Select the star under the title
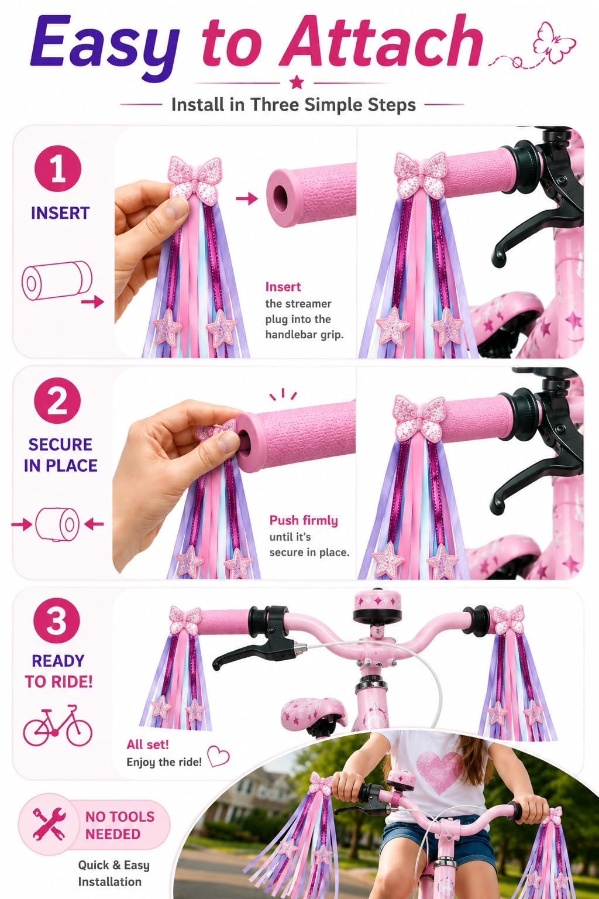[297, 82]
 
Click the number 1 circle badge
[58, 169]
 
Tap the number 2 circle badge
[57, 401]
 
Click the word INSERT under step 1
[60, 213]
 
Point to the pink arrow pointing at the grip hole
[246, 198]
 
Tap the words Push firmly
[304, 520]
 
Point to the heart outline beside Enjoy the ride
[218, 756]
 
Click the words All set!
[147, 744]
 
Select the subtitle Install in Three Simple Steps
[293, 105]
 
